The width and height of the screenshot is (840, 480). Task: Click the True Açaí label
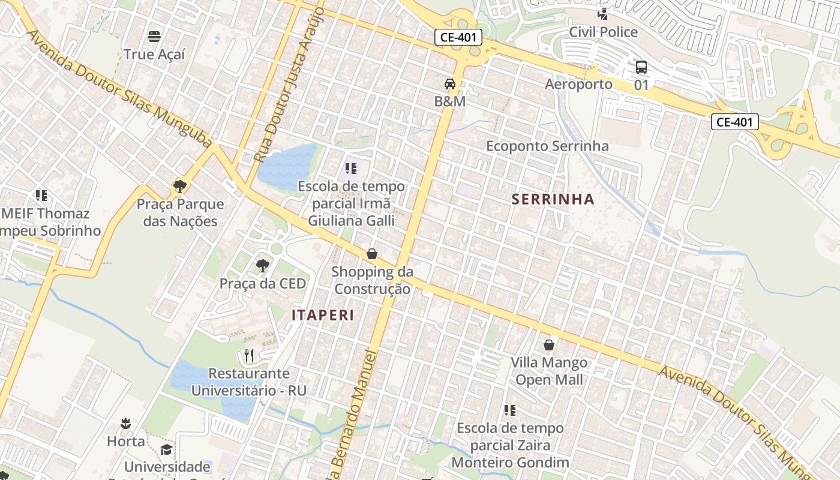154,54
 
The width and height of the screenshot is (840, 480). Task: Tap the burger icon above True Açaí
154,36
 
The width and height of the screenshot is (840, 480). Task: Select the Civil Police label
603,32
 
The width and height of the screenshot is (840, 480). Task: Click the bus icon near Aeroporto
641,67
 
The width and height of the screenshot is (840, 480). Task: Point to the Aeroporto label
578,84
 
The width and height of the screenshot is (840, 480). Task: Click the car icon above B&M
450,84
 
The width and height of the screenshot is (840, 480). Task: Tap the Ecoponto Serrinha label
547,146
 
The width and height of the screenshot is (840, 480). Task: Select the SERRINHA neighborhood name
553,199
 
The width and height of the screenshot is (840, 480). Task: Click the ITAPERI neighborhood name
323,315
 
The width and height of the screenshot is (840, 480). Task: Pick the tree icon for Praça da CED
262,265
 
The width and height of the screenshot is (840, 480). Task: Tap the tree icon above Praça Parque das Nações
179,186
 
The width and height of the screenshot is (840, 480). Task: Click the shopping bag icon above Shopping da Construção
372,254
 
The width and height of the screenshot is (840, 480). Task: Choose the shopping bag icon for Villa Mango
548,345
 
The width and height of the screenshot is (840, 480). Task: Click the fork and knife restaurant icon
249,356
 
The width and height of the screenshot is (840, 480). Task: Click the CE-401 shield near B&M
458,37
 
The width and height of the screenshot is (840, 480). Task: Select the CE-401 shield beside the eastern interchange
734,122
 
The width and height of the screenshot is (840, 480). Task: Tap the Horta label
126,442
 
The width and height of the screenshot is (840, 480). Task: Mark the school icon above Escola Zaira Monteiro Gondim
510,410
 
